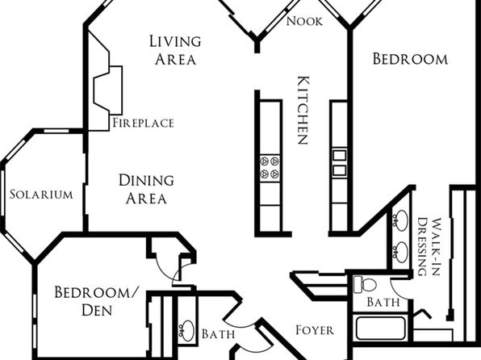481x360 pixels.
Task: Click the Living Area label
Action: [x=175, y=50]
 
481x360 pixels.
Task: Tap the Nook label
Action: [x=304, y=21]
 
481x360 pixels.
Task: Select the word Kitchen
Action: [x=303, y=110]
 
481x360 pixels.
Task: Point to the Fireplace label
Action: [x=144, y=123]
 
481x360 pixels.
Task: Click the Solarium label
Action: [x=41, y=195]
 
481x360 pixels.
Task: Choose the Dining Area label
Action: [x=146, y=189]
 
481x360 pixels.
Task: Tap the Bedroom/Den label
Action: [x=97, y=301]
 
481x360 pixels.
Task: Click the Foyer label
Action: [x=315, y=330]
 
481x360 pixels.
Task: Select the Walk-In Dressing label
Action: [x=429, y=247]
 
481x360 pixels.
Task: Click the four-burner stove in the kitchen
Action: [x=270, y=168]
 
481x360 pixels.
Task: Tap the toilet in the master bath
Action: [x=365, y=284]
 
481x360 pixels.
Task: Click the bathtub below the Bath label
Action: [x=381, y=328]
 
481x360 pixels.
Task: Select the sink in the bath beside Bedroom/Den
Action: [x=186, y=330]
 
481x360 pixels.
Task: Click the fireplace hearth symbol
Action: [x=107, y=89]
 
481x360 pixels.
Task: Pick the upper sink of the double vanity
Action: [x=400, y=220]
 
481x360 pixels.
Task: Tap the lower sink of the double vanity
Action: [x=400, y=253]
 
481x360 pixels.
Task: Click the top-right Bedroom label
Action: [x=410, y=59]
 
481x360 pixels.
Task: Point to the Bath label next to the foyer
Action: [x=219, y=333]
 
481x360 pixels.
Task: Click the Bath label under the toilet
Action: [x=383, y=303]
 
